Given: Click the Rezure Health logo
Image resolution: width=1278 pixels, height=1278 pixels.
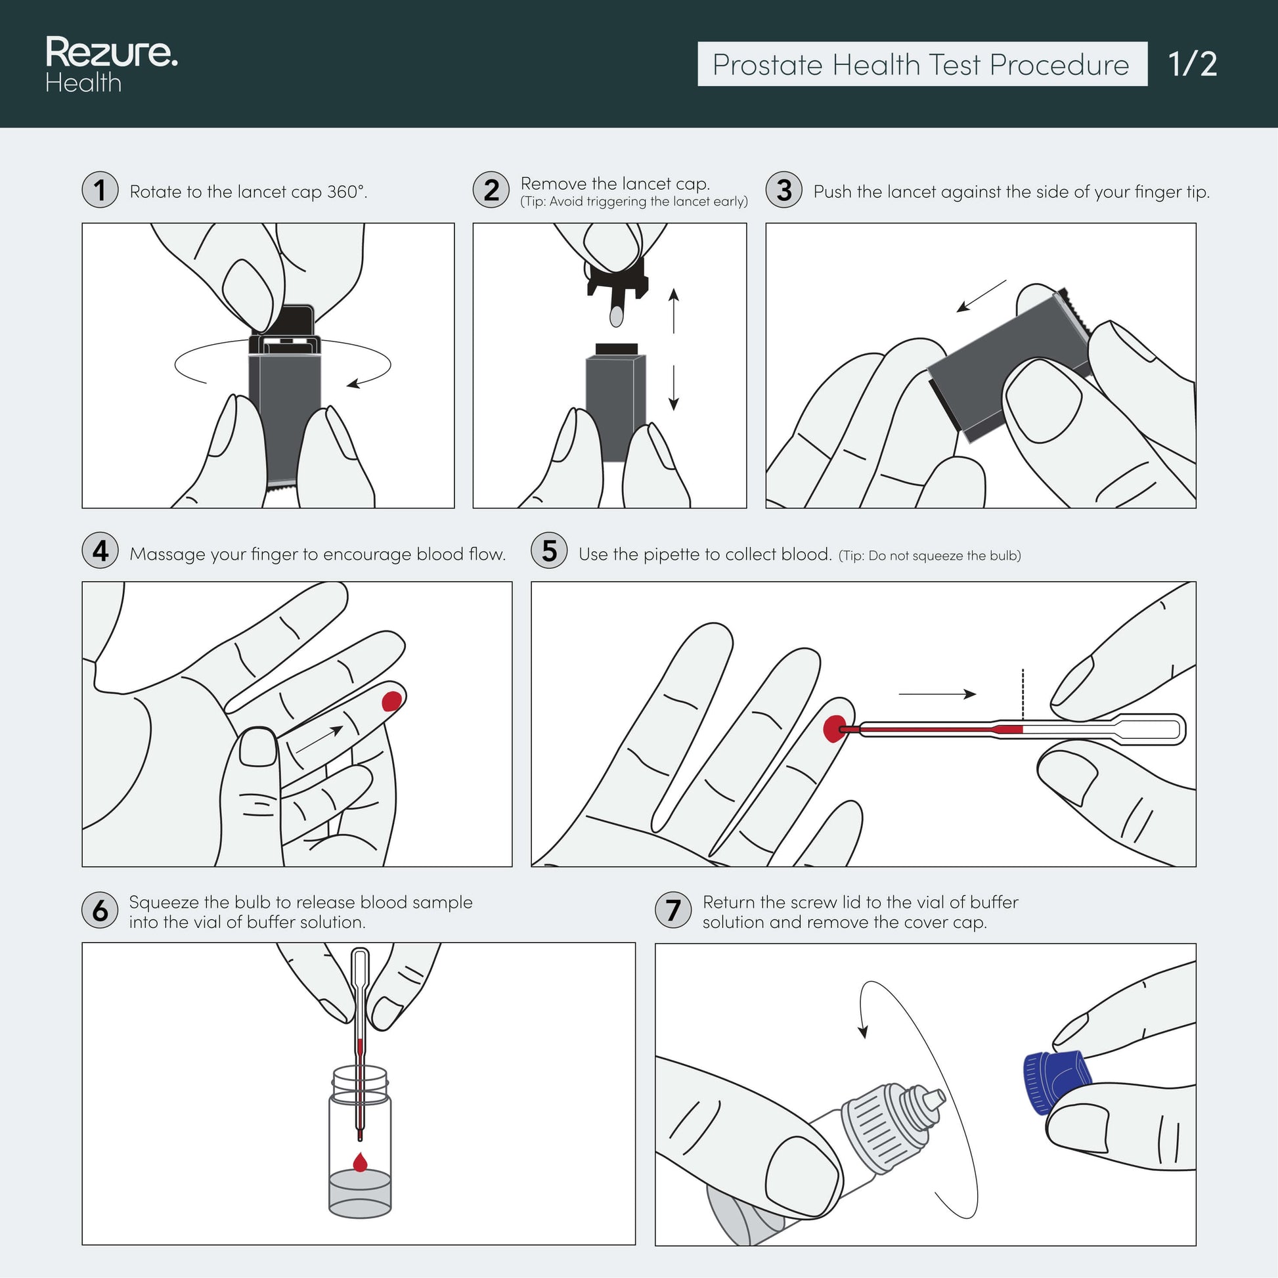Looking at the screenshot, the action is click(x=111, y=64).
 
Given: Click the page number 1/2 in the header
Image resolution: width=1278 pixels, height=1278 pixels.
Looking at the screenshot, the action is click(x=1192, y=64).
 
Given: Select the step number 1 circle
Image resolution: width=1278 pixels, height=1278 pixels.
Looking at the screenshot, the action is click(x=100, y=190).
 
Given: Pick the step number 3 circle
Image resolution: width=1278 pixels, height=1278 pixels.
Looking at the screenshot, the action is click(x=784, y=190).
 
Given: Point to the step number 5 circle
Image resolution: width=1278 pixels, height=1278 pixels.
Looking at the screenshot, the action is click(x=549, y=550).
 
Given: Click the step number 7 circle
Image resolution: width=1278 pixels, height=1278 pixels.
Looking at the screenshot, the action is click(x=673, y=910).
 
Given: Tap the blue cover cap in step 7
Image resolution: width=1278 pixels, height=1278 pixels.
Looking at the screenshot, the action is click(x=1056, y=1082).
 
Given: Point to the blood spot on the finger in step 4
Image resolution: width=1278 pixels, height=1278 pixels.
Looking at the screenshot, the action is click(x=391, y=701).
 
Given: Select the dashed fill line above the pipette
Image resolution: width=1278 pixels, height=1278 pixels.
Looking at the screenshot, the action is click(x=1023, y=695).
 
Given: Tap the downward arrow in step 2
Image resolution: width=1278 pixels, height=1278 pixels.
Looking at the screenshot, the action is click(x=673, y=387).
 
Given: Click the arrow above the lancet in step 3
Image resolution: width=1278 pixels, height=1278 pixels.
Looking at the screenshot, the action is click(x=982, y=296).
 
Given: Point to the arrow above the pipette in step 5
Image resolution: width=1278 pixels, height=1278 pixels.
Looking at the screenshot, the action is click(x=937, y=694).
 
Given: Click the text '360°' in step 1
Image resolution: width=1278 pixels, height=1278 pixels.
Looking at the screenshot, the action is click(x=347, y=192).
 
